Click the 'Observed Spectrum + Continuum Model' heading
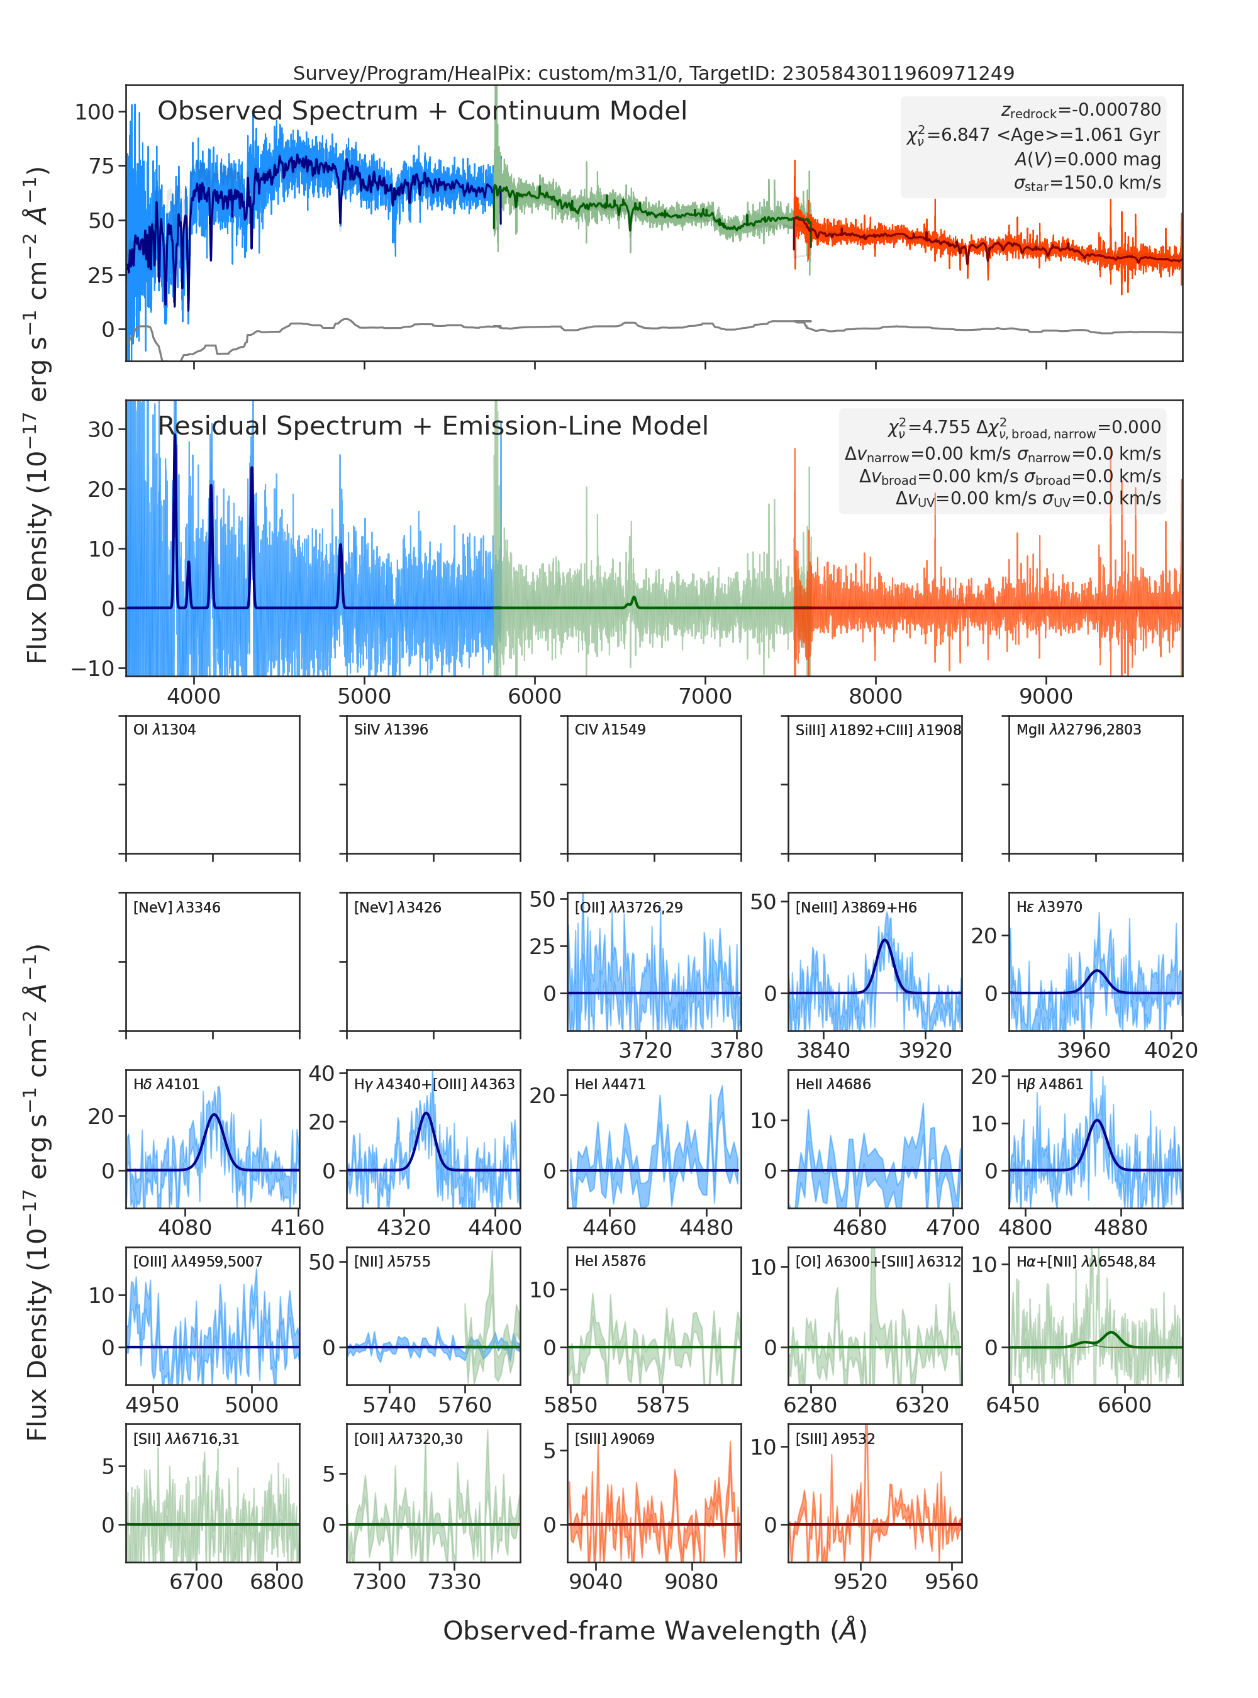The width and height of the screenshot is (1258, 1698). (x=422, y=111)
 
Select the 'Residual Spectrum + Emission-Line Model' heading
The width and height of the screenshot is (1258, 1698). (x=433, y=426)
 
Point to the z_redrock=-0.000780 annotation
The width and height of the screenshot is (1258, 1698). (x=1081, y=111)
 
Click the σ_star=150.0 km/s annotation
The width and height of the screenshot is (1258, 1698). (x=1087, y=184)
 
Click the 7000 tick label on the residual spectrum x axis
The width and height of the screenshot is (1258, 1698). (x=705, y=696)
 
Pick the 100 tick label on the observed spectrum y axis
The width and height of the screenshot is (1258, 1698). (x=94, y=112)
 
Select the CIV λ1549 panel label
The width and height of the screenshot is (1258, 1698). (x=610, y=730)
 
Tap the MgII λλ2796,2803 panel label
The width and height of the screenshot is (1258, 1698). (x=1078, y=730)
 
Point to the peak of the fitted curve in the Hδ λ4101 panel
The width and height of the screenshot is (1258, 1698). (x=214, y=1115)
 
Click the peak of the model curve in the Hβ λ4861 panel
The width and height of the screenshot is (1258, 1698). (x=1096, y=1120)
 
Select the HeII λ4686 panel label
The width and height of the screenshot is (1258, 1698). (x=833, y=1084)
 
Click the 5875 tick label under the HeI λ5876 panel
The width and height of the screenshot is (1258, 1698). (x=662, y=1405)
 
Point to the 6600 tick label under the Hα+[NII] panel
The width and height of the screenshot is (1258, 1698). (x=1124, y=1405)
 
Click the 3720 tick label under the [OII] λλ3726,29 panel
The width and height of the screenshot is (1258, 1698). (x=646, y=1051)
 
